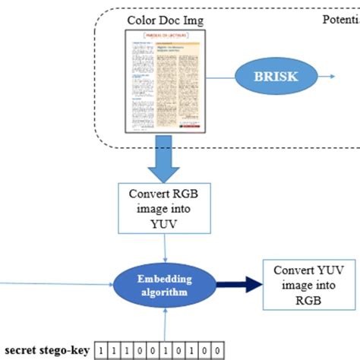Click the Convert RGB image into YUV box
coord(166,207)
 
